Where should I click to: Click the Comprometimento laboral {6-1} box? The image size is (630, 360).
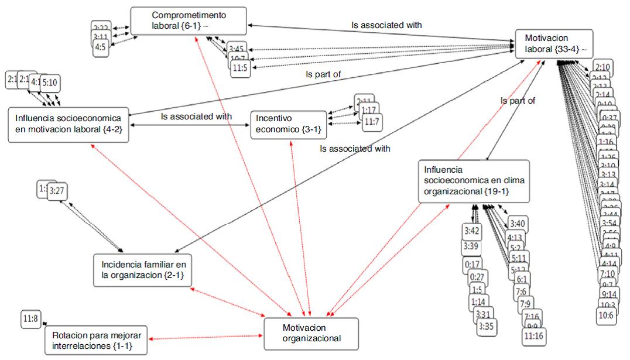pos(187,20)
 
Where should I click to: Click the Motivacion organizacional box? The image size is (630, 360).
pos(310,334)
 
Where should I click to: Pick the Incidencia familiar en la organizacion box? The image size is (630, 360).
pos(143,270)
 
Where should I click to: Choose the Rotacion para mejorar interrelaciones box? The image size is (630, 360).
pos(96,340)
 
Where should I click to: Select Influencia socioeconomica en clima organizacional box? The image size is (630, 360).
pos(474,181)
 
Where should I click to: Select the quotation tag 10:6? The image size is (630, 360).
pos(605,316)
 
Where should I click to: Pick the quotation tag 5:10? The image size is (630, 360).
pos(49,83)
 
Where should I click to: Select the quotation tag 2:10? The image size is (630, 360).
pos(605,68)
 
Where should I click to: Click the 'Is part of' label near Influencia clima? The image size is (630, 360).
pos(518,101)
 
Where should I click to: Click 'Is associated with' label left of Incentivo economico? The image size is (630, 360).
pos(196,116)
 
